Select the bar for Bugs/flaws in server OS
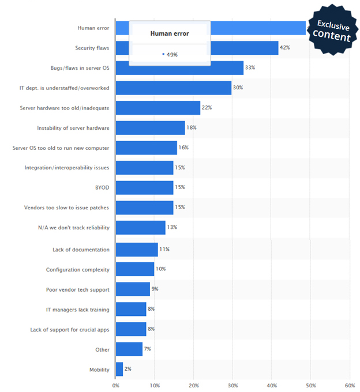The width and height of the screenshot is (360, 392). [x=179, y=68]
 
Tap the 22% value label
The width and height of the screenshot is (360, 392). [x=207, y=108]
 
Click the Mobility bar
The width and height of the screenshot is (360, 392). [x=119, y=369]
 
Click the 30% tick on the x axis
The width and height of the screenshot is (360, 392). [x=232, y=385]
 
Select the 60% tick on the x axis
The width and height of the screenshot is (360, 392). [x=348, y=385]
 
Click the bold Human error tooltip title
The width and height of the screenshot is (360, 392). [x=170, y=33]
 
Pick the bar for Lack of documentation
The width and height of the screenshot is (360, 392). [x=137, y=249]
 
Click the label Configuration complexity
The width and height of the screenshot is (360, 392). [x=77, y=269]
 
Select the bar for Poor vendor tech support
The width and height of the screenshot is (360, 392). [x=133, y=289]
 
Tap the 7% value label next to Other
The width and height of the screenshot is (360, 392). [x=148, y=349]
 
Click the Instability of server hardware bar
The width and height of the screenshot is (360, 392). [x=150, y=128]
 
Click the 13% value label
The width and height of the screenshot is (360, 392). [x=171, y=227]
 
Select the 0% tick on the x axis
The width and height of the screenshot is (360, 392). [x=116, y=385]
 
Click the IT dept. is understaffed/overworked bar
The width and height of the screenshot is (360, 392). [x=173, y=88]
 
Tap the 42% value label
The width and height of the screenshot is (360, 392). [x=284, y=47]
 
